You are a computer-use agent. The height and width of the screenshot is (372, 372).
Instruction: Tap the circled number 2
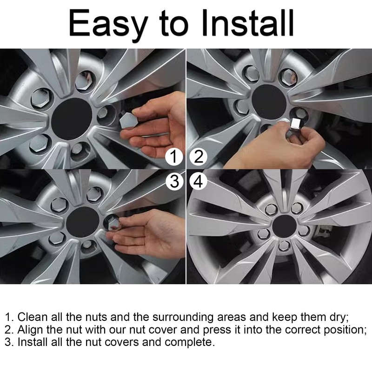(x=199, y=157)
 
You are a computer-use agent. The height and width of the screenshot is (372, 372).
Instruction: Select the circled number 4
(x=199, y=182)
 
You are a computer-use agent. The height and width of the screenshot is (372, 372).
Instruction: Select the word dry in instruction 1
(x=338, y=317)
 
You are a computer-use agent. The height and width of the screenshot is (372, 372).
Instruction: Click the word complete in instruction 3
(x=191, y=343)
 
